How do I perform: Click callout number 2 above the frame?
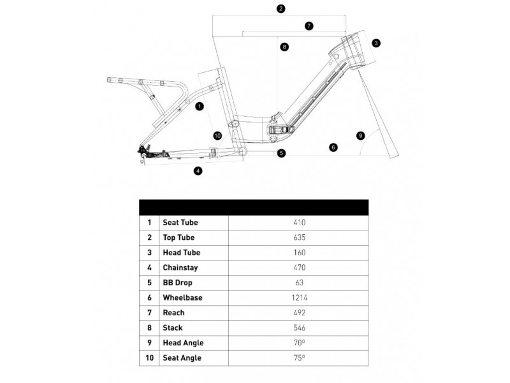[281, 9]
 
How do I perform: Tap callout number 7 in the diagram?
[309, 26]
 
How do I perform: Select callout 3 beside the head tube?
[376, 43]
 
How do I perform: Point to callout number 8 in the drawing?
[284, 47]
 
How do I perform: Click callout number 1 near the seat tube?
[200, 106]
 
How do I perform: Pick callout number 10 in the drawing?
[217, 136]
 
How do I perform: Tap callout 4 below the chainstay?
[198, 170]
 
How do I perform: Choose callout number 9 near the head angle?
[360, 135]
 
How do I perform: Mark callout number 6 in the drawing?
[333, 147]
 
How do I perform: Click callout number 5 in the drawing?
[282, 153]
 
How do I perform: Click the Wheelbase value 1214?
[299, 297]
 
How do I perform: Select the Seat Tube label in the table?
[180, 222]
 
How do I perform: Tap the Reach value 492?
[299, 313]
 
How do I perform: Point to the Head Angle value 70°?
[299, 343]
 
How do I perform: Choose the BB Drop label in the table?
[177, 283]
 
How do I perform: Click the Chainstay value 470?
[299, 267]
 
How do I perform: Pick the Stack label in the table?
[172, 327]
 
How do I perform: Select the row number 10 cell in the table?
[149, 358]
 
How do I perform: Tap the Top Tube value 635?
[299, 237]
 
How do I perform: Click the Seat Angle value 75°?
[299, 357]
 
